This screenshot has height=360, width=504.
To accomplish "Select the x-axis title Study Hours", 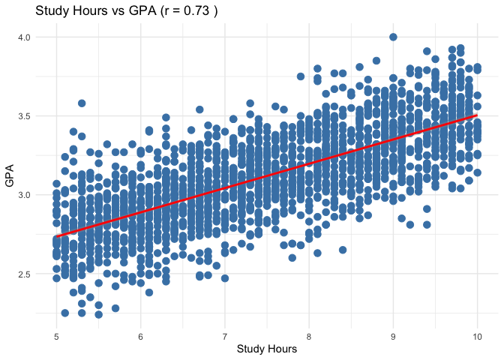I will pyautogui.click(x=266, y=349).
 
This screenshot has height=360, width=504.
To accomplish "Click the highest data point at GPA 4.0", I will pyautogui.click(x=393, y=37).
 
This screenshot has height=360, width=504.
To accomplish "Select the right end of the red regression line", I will pyautogui.click(x=477, y=115).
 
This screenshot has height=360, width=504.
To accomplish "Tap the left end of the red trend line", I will pyautogui.click(x=56, y=236).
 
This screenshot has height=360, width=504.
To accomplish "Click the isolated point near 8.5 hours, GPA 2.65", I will pyautogui.click(x=343, y=250).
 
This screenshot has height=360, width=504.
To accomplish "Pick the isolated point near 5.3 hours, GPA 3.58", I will pyautogui.click(x=82, y=103).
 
